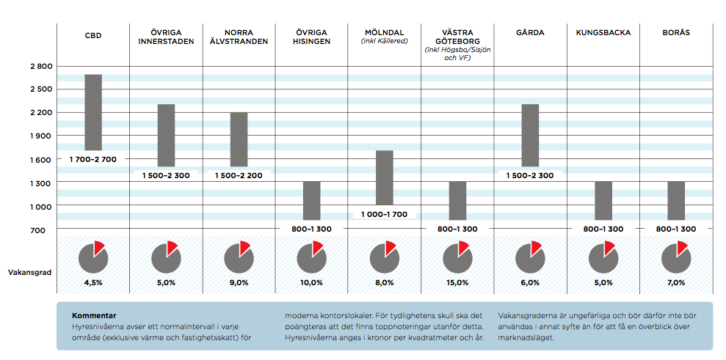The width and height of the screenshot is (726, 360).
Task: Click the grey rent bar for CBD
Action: [x=93, y=112]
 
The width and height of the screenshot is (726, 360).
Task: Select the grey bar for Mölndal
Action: [x=385, y=177]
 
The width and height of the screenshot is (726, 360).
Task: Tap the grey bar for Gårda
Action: [x=530, y=136]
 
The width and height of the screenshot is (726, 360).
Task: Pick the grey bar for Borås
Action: [x=676, y=200]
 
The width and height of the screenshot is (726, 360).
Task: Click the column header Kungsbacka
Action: [x=603, y=33]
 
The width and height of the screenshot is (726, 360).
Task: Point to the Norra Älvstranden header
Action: [x=239, y=37]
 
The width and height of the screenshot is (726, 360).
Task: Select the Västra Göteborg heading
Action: [x=457, y=37]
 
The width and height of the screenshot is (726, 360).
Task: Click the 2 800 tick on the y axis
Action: [x=41, y=67]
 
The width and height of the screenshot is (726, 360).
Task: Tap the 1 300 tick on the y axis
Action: [x=41, y=183]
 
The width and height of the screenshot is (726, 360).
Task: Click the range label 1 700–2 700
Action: [x=93, y=159]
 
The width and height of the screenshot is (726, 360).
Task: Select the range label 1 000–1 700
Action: [x=384, y=215]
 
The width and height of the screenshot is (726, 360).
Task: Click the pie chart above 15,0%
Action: [x=457, y=256]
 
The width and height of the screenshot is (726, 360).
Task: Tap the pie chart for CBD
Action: [x=93, y=256]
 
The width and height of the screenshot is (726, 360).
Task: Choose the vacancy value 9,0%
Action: [x=239, y=282]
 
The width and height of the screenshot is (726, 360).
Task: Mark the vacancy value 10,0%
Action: [x=311, y=282]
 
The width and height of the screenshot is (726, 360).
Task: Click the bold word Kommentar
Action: [x=94, y=315]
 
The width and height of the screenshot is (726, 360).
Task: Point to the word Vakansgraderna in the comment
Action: [x=529, y=315]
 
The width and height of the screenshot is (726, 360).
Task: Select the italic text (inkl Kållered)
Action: [x=384, y=41]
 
